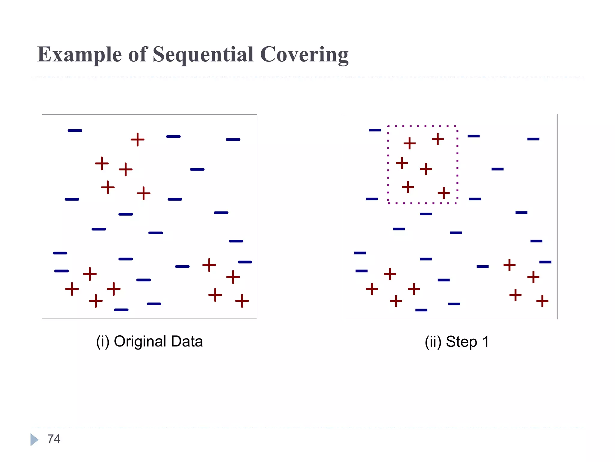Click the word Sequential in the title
pyautogui.click(x=203, y=55)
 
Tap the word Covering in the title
pyautogui.click(x=304, y=55)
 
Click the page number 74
pyautogui.click(x=54, y=439)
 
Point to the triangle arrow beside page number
pyautogui.click(x=34, y=439)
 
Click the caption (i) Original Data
pyautogui.click(x=149, y=341)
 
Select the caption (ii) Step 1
pyautogui.click(x=457, y=342)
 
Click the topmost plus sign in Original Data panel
pyautogui.click(x=138, y=140)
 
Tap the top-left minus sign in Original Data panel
pyautogui.click(x=75, y=131)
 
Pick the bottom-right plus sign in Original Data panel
pyautogui.click(x=242, y=301)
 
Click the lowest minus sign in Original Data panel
pyautogui.click(x=121, y=310)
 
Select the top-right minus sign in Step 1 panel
pyautogui.click(x=533, y=139)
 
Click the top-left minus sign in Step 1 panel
pyautogui.click(x=375, y=130)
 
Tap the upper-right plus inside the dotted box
pyautogui.click(x=438, y=139)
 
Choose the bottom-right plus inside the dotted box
pyautogui.click(x=444, y=193)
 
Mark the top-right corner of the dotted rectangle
pyautogui.click(x=457, y=126)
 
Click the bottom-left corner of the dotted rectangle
pyautogui.click(x=389, y=203)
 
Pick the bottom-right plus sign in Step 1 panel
pyautogui.click(x=542, y=301)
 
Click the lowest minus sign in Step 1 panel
pyautogui.click(x=421, y=310)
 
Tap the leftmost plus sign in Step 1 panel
pyautogui.click(x=372, y=289)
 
